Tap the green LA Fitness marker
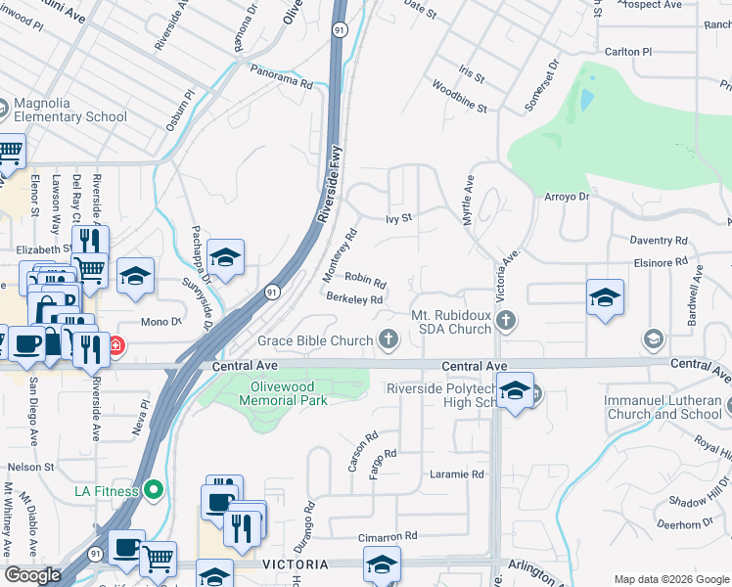click(152, 489)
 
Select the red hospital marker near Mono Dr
click(114, 345)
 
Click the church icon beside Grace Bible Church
click(389, 339)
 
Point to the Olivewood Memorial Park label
click(284, 392)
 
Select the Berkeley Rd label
click(353, 299)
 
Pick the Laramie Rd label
click(457, 474)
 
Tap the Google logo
click(32, 575)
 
